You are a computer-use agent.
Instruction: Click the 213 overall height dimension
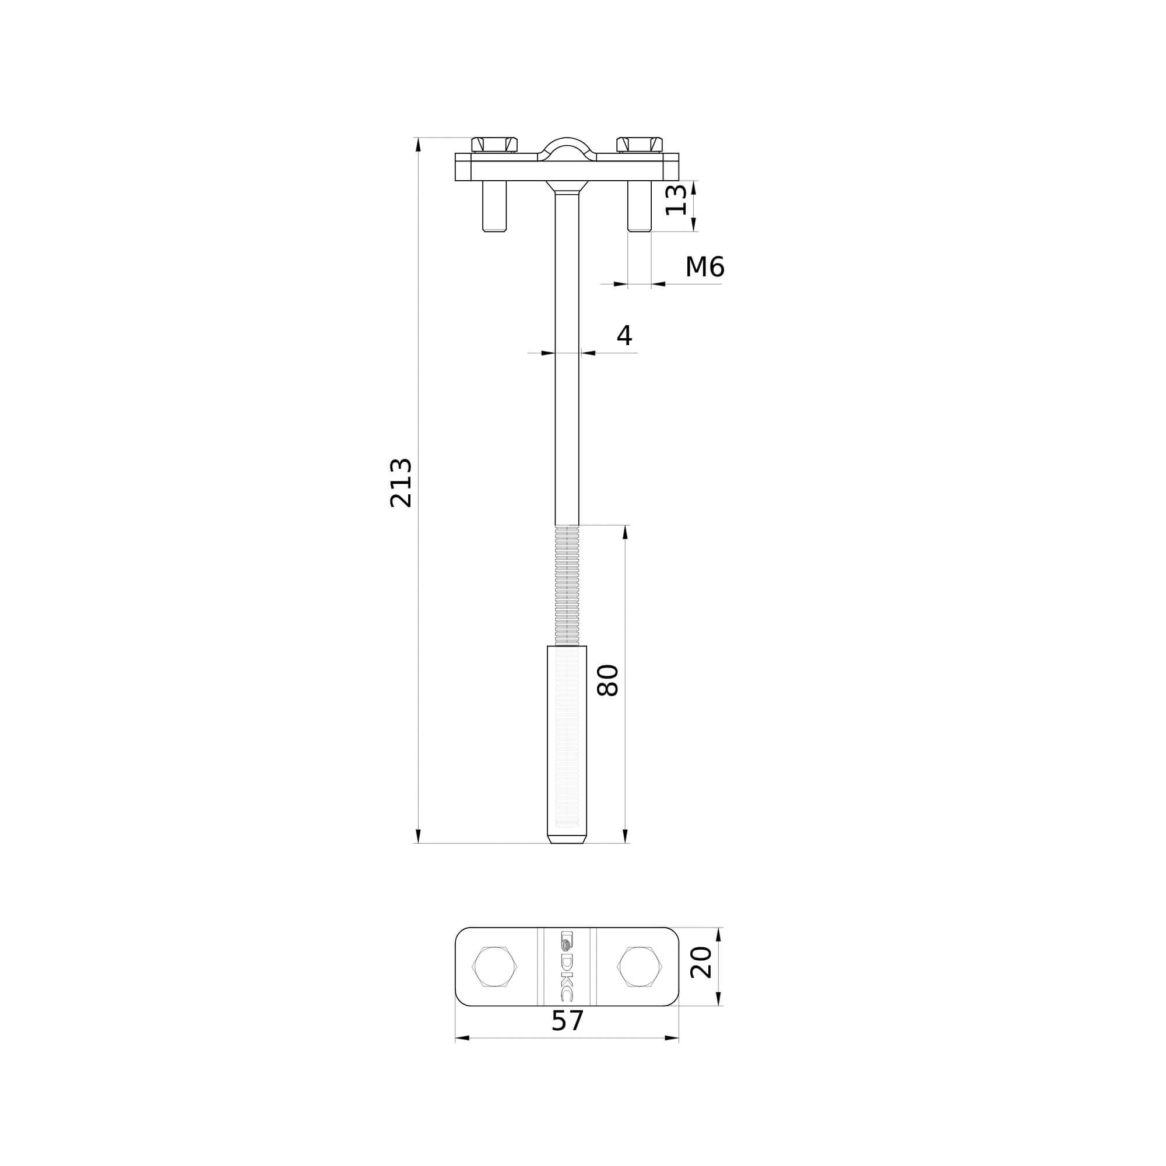(401, 483)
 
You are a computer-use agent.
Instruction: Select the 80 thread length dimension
(607, 680)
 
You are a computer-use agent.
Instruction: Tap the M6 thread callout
(704, 267)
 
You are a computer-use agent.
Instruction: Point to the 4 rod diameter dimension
(624, 336)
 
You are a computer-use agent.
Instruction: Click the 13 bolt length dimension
(676, 200)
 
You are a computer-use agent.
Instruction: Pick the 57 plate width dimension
(567, 1021)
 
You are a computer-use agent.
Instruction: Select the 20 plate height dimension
(701, 963)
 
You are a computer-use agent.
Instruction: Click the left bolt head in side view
(494, 144)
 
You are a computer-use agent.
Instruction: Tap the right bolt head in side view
(639, 144)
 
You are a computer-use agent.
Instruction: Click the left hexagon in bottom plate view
(494, 966)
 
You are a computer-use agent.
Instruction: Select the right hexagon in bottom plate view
(639, 966)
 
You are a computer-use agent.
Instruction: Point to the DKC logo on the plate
(567, 965)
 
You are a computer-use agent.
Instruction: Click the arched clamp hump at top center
(567, 147)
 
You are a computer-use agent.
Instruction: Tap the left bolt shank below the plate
(494, 206)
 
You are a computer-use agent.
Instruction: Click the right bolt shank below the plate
(639, 206)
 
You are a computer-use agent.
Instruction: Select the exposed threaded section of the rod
(567, 585)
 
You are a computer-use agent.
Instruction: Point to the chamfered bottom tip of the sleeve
(567, 839)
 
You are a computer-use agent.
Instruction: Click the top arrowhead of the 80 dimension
(625, 532)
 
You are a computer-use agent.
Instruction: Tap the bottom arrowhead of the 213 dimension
(418, 836)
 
